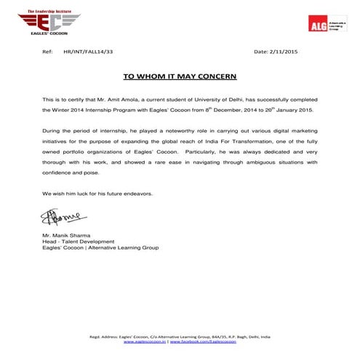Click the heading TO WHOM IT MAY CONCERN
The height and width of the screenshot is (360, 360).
pyautogui.click(x=180, y=75)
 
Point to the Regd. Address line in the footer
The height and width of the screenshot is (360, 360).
pyautogui.click(x=179, y=336)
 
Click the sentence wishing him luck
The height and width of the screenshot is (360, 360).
pyautogui.click(x=97, y=193)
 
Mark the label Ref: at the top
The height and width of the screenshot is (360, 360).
pyautogui.click(x=48, y=52)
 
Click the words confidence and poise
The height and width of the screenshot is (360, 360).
pyautogui.click(x=72, y=172)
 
